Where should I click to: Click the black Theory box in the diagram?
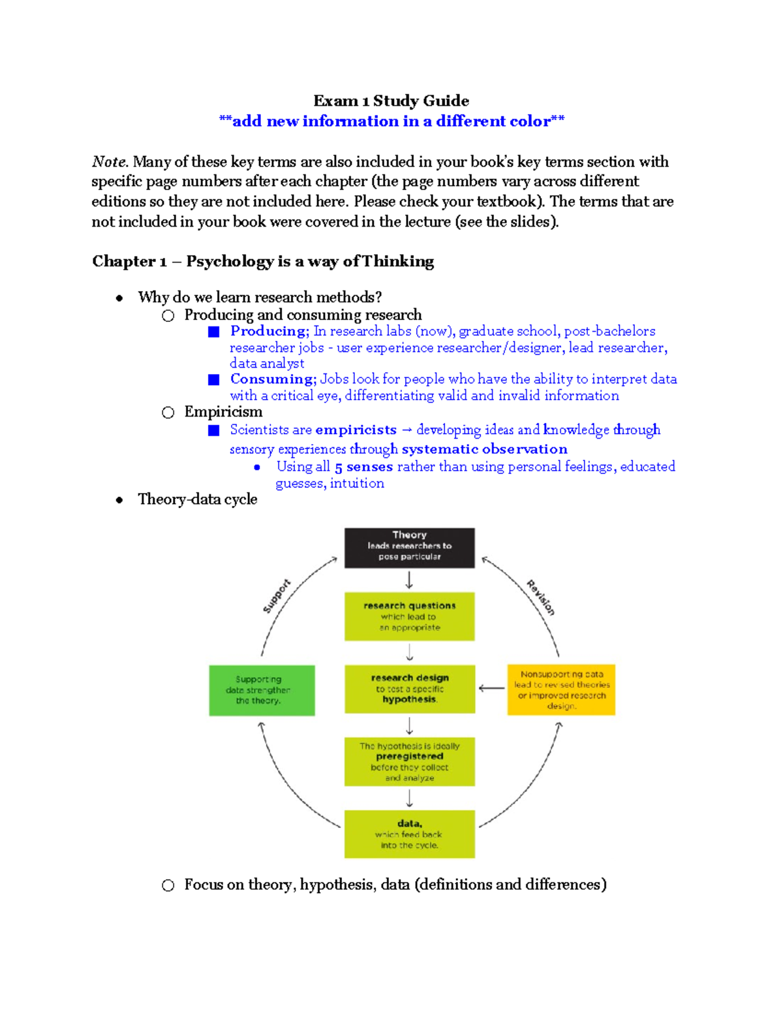(x=409, y=547)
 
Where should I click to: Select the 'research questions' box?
(x=409, y=616)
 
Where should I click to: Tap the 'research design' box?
(x=409, y=689)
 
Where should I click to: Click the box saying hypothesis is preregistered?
(x=409, y=761)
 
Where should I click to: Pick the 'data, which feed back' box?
(x=409, y=834)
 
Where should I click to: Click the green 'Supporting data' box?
(x=262, y=690)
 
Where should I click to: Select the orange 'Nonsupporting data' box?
(x=561, y=689)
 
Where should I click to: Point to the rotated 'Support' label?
(x=277, y=595)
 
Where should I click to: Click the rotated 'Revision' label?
(x=541, y=597)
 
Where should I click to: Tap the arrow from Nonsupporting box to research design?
(x=491, y=688)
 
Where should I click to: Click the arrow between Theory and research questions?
(x=409, y=580)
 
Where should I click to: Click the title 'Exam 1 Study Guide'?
(x=391, y=101)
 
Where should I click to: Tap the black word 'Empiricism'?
(x=223, y=412)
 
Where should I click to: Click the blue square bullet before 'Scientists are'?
(x=213, y=430)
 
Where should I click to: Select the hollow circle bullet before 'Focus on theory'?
(x=168, y=885)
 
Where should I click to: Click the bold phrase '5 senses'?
(x=363, y=467)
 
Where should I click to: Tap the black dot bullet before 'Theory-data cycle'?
(x=119, y=500)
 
